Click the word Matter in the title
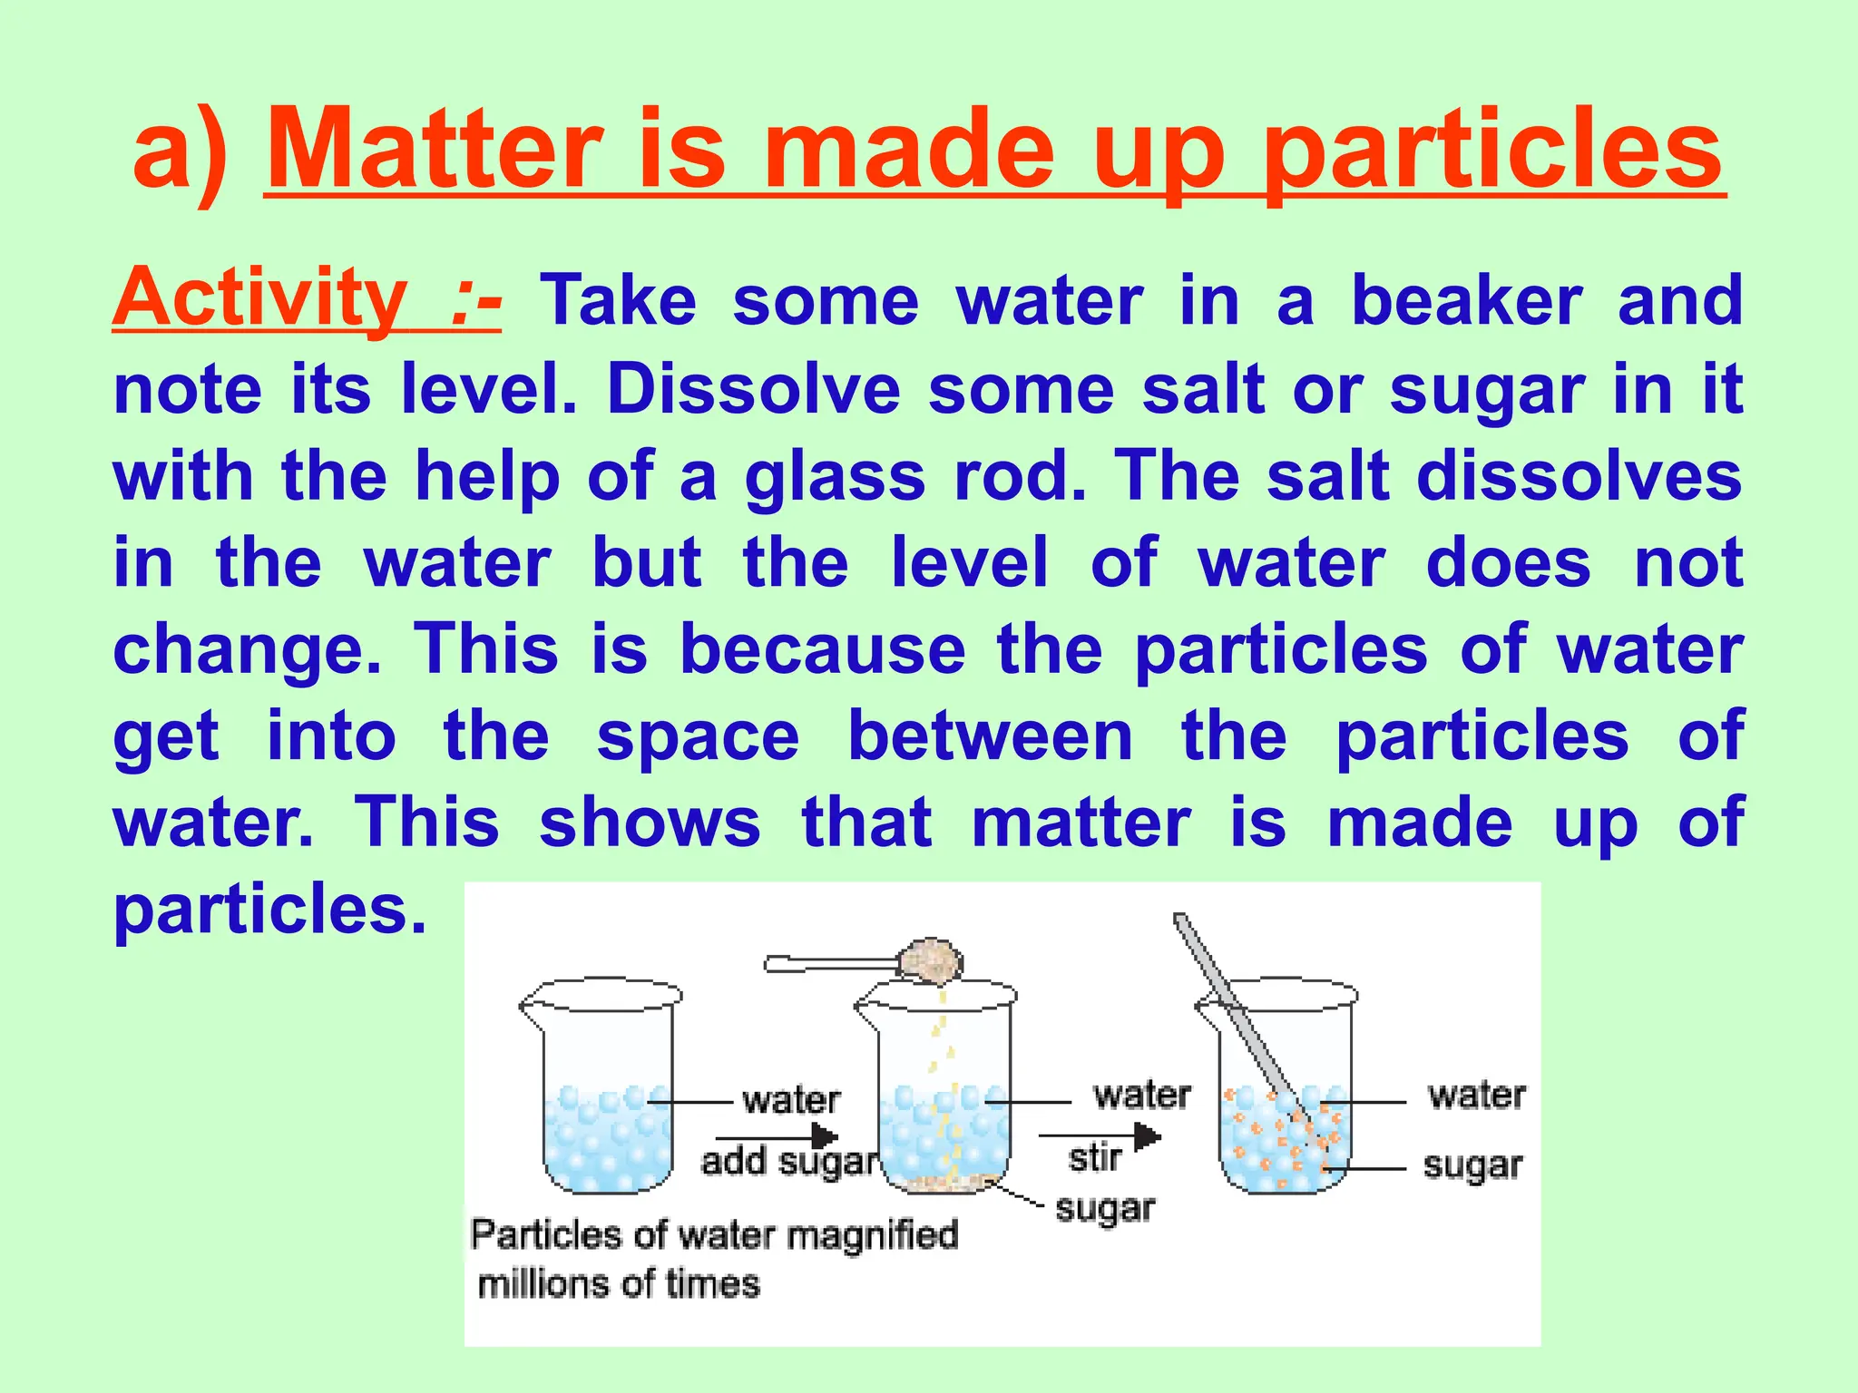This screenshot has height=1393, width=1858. (435, 150)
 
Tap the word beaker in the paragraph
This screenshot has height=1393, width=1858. (1466, 301)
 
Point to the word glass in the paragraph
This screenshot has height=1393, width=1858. (835, 478)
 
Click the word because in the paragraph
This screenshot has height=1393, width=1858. (823, 649)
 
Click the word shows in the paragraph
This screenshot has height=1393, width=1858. (650, 823)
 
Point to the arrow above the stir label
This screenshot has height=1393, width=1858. (1100, 1135)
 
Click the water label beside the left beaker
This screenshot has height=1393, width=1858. (791, 1100)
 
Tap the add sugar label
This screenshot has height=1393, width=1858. (790, 1162)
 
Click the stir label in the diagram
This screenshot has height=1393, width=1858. (1095, 1158)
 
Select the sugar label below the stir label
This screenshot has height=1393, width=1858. (1105, 1209)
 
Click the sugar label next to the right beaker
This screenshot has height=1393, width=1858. (1472, 1166)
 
